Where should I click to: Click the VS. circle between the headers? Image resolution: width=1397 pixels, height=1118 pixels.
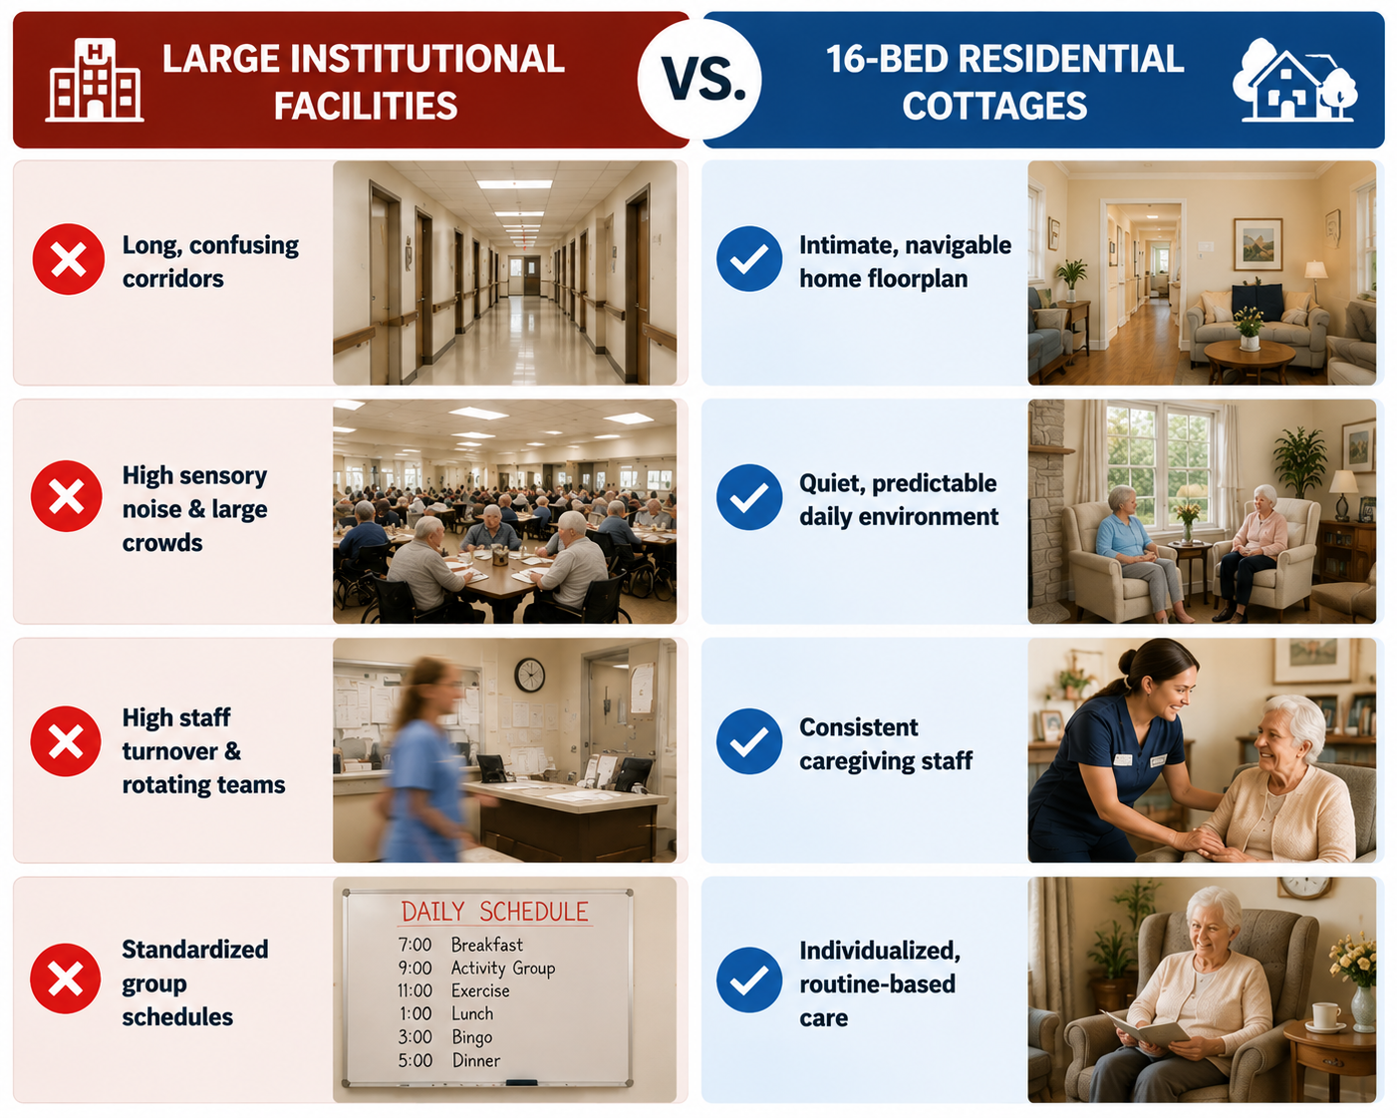pyautogui.click(x=699, y=79)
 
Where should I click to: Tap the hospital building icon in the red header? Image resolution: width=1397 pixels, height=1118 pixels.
pyautogui.click(x=95, y=80)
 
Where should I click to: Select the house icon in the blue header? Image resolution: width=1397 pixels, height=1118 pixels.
pyautogui.click(x=1294, y=80)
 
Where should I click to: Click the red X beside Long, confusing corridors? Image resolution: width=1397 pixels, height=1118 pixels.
pyautogui.click(x=68, y=259)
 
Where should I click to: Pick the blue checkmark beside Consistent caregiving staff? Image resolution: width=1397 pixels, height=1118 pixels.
pyautogui.click(x=749, y=741)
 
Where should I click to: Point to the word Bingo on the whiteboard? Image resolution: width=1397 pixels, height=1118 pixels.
pyautogui.click(x=472, y=1037)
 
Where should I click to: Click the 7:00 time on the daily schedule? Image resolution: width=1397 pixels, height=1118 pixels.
pyautogui.click(x=415, y=945)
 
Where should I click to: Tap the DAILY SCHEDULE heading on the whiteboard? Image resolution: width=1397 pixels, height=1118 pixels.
pyautogui.click(x=494, y=912)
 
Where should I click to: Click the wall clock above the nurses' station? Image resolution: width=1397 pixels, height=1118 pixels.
pyautogui.click(x=530, y=676)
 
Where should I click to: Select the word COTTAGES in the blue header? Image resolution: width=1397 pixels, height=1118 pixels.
pyautogui.click(x=994, y=106)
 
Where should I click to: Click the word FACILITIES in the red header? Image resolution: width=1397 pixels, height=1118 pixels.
pyautogui.click(x=366, y=106)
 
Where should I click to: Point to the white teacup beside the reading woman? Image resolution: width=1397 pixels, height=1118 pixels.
pyautogui.click(x=1325, y=1016)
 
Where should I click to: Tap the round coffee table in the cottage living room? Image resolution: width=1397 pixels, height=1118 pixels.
pyautogui.click(x=1250, y=359)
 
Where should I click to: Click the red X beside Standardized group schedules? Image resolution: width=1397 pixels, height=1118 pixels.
pyautogui.click(x=66, y=978)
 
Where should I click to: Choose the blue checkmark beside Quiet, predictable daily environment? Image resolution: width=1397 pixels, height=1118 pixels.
pyautogui.click(x=749, y=497)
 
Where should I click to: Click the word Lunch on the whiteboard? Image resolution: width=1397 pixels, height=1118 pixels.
pyautogui.click(x=472, y=1013)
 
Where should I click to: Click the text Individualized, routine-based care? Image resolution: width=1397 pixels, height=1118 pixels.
pyautogui.click(x=880, y=984)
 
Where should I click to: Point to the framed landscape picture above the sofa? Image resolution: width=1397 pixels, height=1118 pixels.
pyautogui.click(x=1258, y=244)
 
